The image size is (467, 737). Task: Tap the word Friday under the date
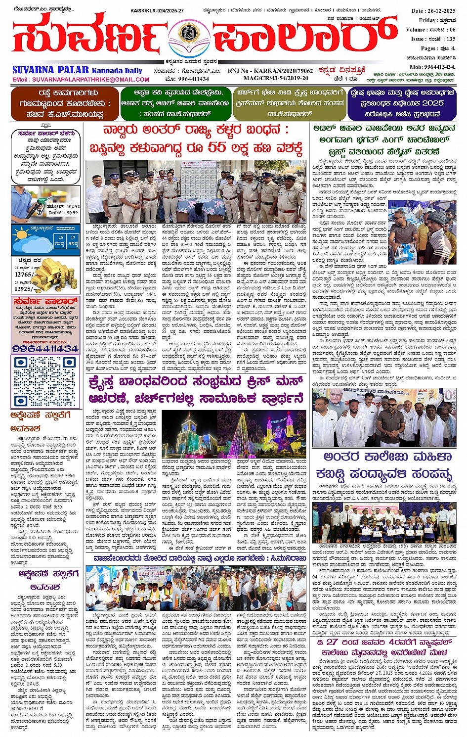click(427, 20)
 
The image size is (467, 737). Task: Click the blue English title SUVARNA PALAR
click(50, 70)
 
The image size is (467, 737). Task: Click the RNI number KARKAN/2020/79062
click(283, 71)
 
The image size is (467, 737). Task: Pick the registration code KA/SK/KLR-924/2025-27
click(157, 10)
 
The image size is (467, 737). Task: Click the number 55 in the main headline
click(216, 147)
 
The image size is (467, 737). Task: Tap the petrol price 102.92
click(70, 207)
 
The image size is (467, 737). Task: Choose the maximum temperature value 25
click(60, 238)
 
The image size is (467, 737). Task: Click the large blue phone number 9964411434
click(45, 348)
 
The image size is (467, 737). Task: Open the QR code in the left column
click(45, 381)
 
